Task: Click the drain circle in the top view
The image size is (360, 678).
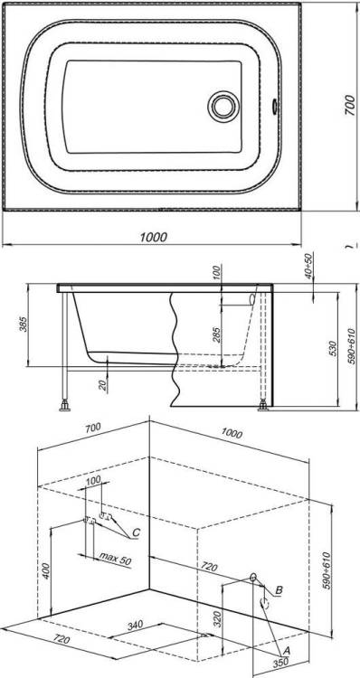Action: coord(223,107)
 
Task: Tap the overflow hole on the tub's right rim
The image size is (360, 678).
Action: coord(274,107)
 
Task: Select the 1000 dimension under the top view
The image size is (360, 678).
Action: coord(153,237)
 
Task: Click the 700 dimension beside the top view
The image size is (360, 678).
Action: coord(350,105)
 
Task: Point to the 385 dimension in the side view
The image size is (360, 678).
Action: coord(24,325)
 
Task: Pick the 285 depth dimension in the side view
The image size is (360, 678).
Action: coord(217,335)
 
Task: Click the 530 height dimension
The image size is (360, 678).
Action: coord(332,349)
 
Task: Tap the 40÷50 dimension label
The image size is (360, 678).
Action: coord(308,266)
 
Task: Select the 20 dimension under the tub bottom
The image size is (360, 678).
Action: coord(102,385)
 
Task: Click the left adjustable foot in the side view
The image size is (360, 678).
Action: coord(65,406)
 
